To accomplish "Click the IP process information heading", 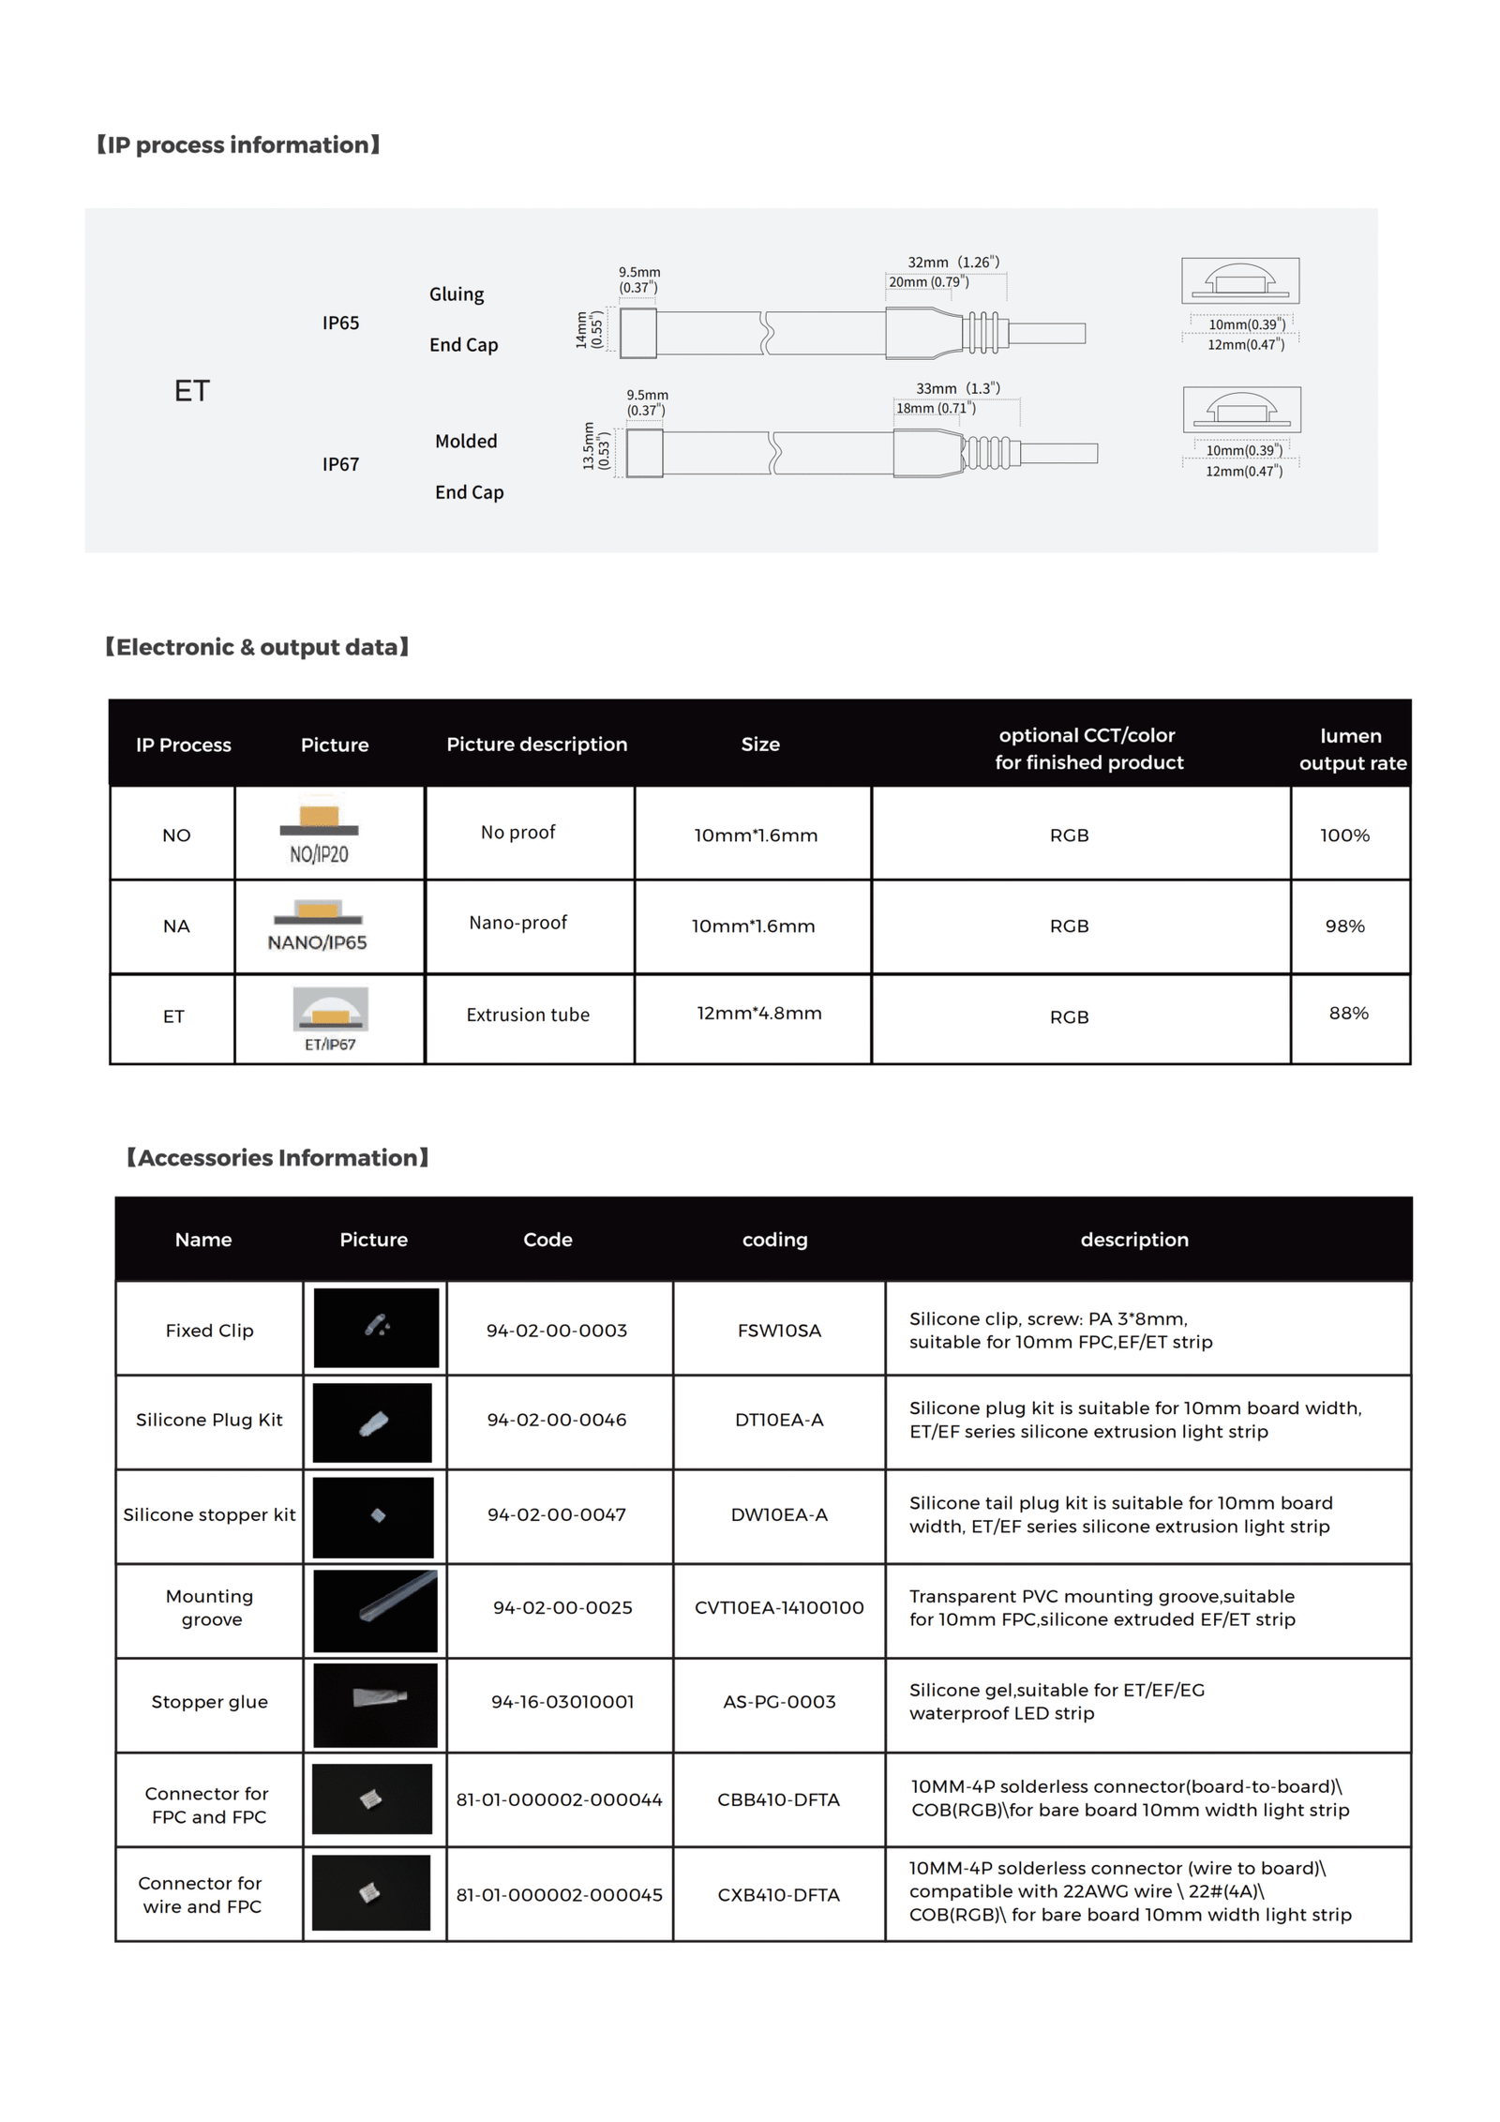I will (238, 145).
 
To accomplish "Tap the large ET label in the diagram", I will (191, 391).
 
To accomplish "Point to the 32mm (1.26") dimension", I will (952, 263).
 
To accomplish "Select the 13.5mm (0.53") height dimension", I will (595, 445).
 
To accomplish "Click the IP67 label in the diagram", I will (340, 464).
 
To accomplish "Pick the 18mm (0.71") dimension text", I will (935, 408).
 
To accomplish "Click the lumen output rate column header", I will (1351, 748).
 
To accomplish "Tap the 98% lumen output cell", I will (1344, 926).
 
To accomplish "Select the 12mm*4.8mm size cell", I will (758, 1013).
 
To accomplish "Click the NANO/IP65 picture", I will (318, 926).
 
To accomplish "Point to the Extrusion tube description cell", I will (528, 1015).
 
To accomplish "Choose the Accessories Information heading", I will (277, 1157).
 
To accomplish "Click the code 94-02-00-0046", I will (556, 1420).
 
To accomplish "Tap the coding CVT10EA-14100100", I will (778, 1607).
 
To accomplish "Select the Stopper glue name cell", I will (209, 1701).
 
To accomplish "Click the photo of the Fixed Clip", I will (376, 1327).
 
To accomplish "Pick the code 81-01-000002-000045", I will (559, 1894).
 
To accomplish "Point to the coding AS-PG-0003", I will (778, 1701).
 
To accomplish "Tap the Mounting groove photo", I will (375, 1610).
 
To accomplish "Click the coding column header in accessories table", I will (774, 1239).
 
